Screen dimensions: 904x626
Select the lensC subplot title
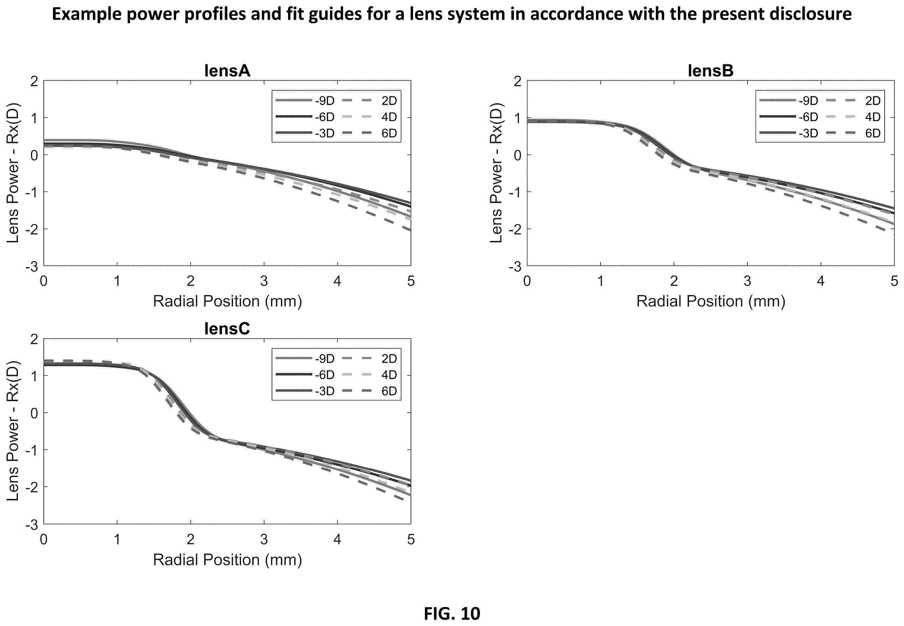pos(227,329)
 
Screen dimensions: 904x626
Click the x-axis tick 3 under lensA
pos(264,281)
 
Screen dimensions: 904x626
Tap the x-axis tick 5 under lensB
pos(894,281)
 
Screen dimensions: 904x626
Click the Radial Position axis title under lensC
pos(227,559)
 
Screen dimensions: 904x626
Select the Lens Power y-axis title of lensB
pos(496,173)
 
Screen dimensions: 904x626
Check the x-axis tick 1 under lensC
pos(117,539)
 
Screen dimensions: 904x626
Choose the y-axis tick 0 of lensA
pos(35,155)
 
